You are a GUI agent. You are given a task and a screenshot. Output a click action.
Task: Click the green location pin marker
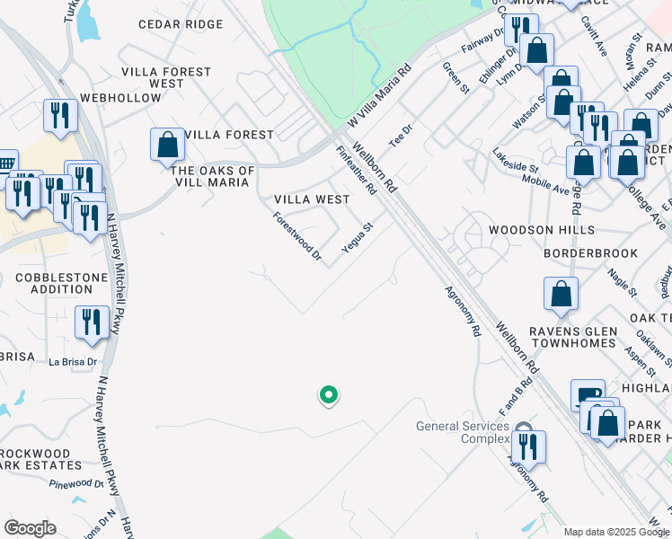pos(329,394)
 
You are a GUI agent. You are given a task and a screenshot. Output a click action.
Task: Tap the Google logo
pos(30,528)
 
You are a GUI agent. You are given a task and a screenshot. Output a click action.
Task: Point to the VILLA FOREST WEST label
pos(166,77)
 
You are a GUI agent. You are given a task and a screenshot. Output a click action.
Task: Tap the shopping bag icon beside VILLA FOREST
pos(167,145)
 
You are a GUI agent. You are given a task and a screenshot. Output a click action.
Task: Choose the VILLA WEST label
pos(312,199)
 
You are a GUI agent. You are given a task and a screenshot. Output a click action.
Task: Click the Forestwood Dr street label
pos(297,235)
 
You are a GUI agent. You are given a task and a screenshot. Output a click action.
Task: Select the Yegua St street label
pos(358,238)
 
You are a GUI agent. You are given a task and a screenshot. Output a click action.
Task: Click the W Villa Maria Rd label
pos(379,96)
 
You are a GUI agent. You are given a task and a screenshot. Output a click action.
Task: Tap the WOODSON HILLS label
pos(541,231)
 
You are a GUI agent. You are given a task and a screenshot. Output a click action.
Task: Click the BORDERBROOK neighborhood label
pos(590,254)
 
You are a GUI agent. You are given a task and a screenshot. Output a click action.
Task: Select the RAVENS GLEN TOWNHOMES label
pos(571,338)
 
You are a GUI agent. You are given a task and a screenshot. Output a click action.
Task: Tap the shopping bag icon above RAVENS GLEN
pos(561,294)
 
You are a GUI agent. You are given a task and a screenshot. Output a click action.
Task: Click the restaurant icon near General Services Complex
pos(527,446)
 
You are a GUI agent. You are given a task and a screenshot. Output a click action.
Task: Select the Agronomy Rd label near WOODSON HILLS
pos(462,312)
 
